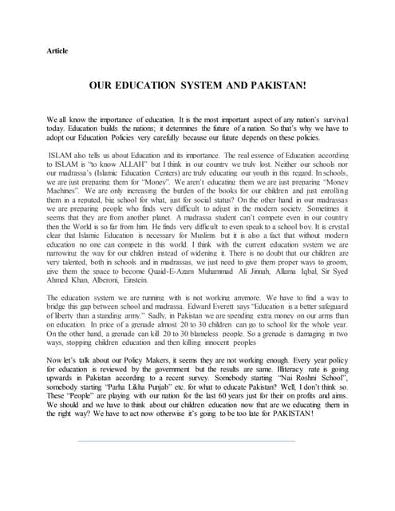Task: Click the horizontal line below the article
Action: [x=186, y=483]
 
